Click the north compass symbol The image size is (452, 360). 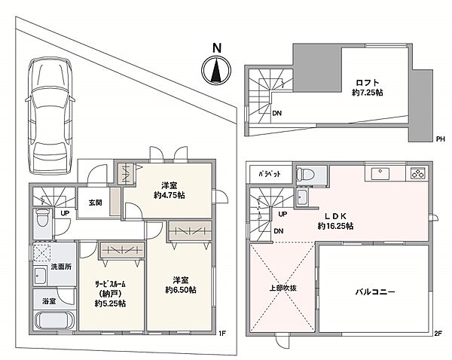216,72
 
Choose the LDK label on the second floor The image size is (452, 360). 331,215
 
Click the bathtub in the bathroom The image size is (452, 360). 52,319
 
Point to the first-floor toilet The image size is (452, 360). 43,221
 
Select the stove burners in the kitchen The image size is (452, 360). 417,174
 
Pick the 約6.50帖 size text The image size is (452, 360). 181,289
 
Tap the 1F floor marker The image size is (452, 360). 222,334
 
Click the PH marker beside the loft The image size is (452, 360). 440,138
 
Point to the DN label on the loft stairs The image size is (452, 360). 277,114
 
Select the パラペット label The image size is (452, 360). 270,173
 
